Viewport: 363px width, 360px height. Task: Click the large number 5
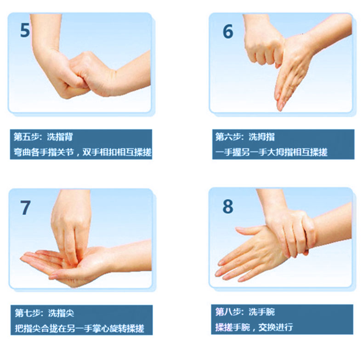(25, 30)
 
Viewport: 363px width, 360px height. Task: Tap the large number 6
(228, 32)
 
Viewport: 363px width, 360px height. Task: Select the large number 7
(25, 207)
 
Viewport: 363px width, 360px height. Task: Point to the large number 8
(228, 206)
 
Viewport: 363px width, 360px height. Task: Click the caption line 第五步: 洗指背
(43, 137)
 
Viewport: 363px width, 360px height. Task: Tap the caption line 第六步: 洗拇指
(245, 137)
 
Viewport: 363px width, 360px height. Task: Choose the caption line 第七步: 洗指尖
(45, 313)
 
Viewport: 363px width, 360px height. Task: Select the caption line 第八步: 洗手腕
(245, 312)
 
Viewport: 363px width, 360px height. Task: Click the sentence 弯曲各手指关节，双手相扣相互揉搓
(82, 152)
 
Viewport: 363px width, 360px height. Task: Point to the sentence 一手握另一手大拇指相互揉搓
(271, 152)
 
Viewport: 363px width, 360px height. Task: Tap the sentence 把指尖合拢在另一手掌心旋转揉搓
(79, 328)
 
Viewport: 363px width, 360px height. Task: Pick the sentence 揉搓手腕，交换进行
(254, 327)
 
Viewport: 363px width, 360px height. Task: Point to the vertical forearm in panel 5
(45, 35)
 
